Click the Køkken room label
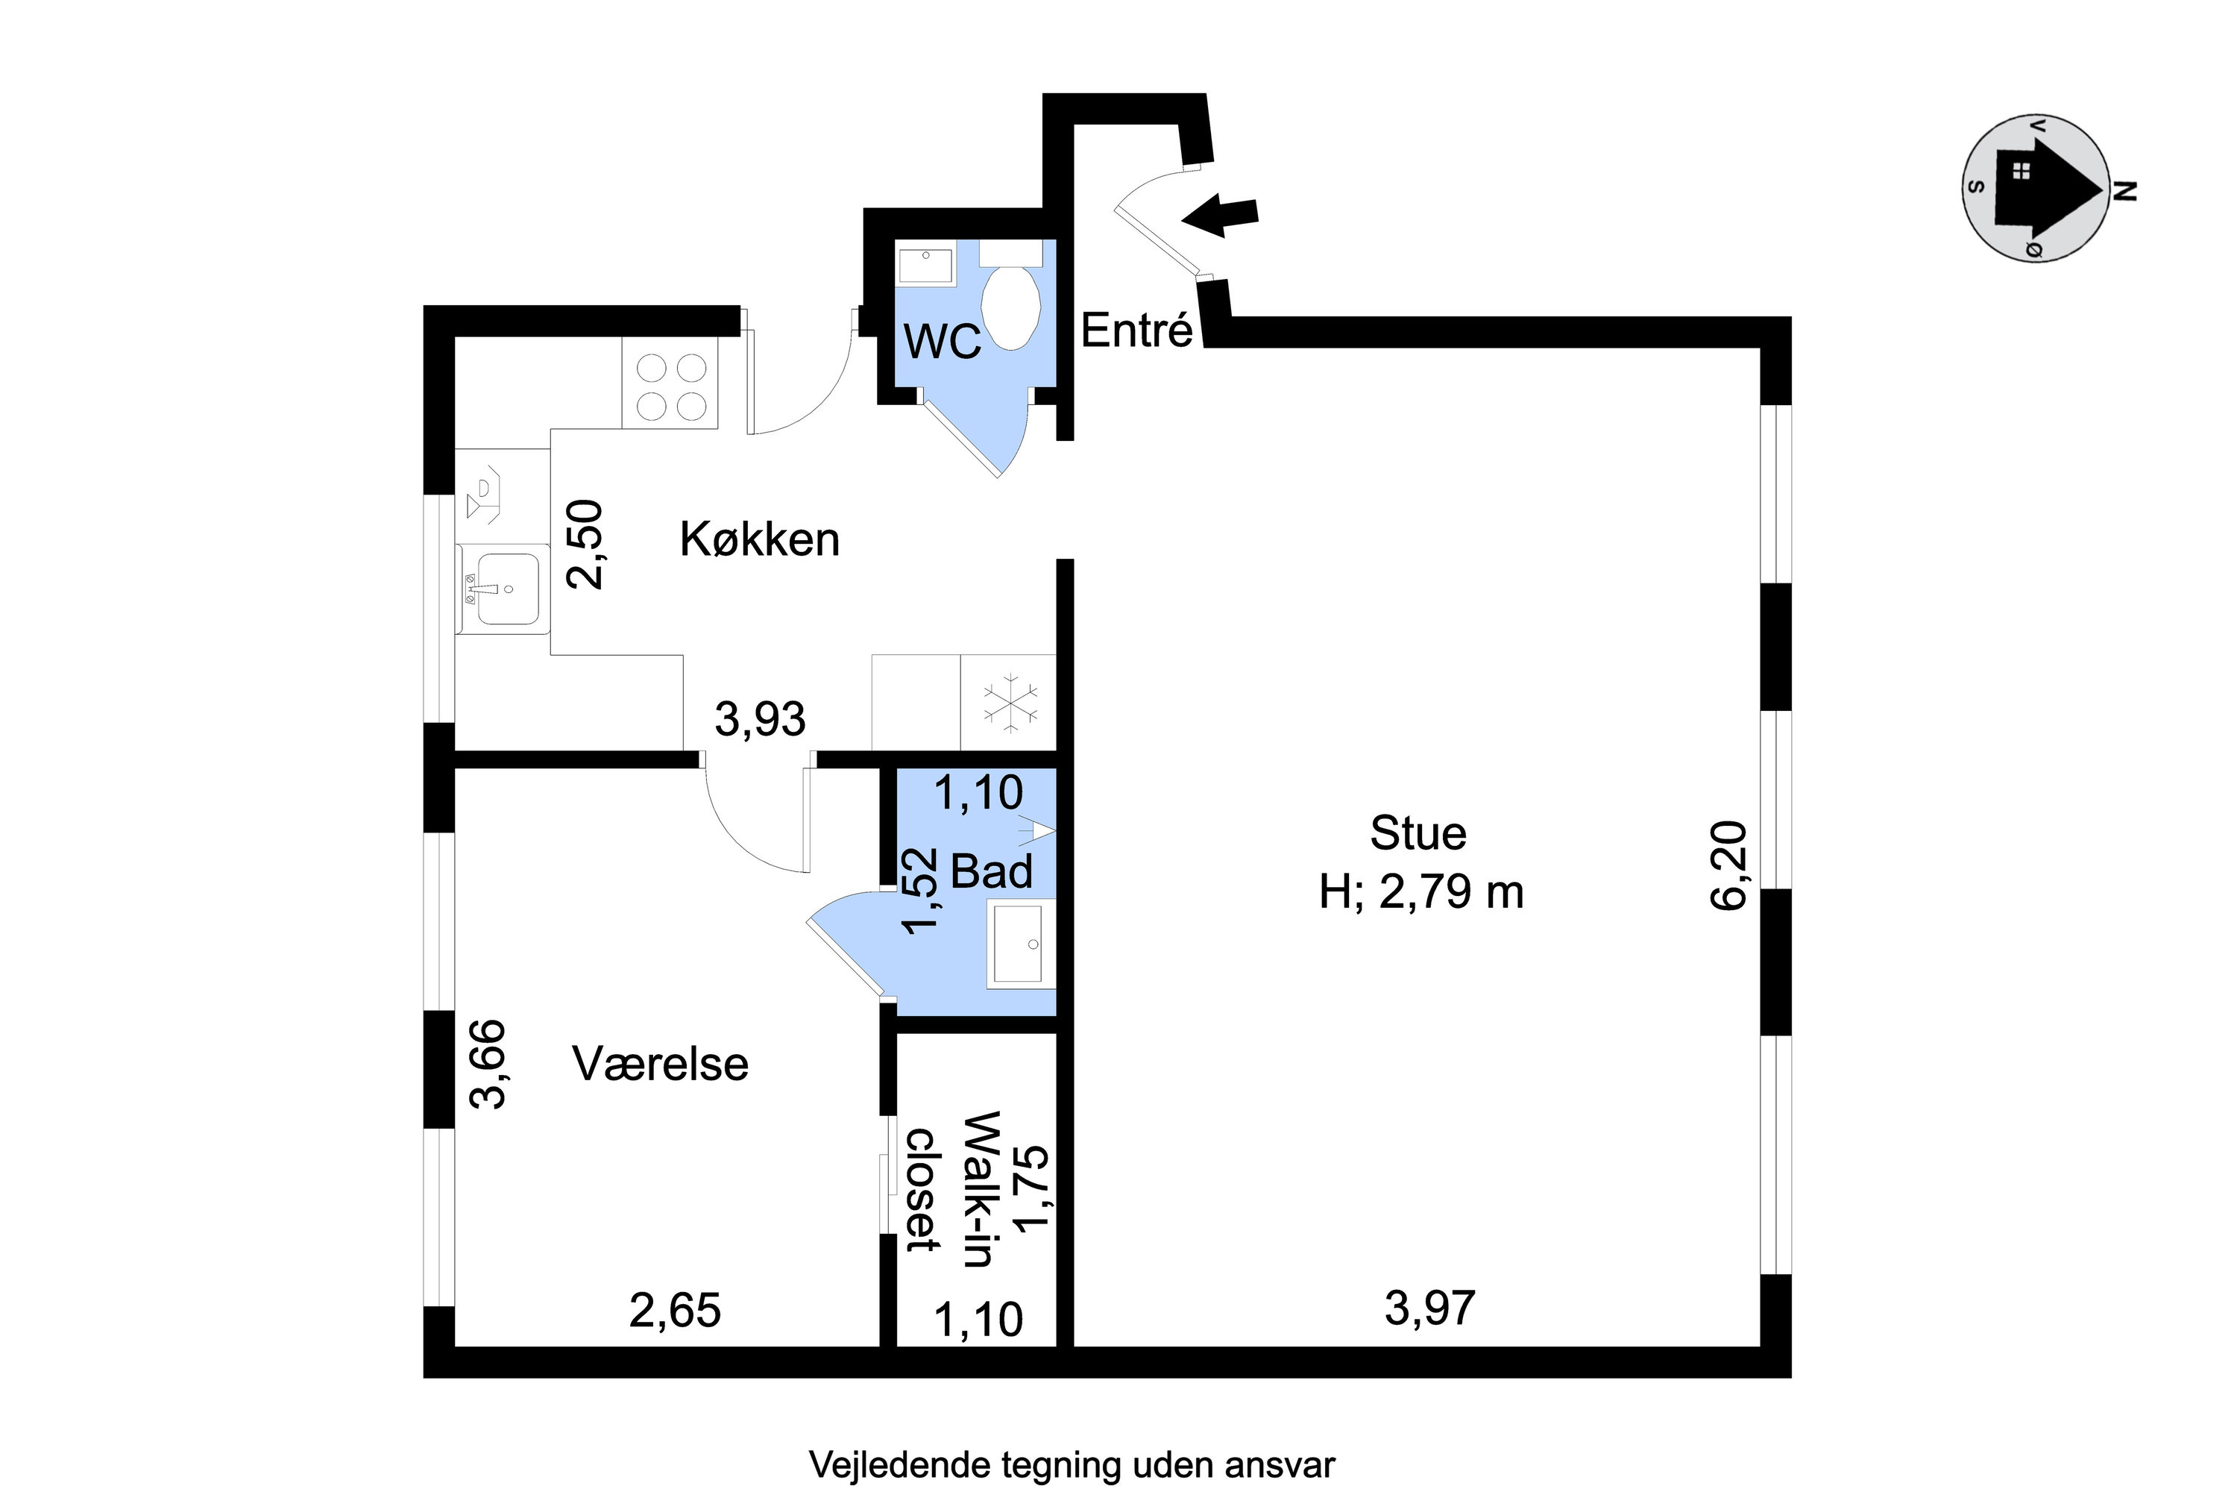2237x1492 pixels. click(x=759, y=539)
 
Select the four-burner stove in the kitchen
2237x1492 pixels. click(x=670, y=386)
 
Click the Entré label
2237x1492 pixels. click(x=1136, y=331)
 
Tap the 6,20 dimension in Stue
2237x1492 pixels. click(x=1728, y=866)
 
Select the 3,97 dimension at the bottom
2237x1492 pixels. click(x=1429, y=1308)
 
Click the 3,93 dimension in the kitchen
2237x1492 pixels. click(x=760, y=719)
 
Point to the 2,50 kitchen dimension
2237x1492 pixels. click(x=585, y=545)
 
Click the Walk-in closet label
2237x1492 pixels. click(x=951, y=1189)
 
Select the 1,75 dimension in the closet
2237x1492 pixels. click(x=1032, y=1189)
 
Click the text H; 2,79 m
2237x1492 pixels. click(x=1421, y=892)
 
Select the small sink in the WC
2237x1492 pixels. click(x=925, y=266)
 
